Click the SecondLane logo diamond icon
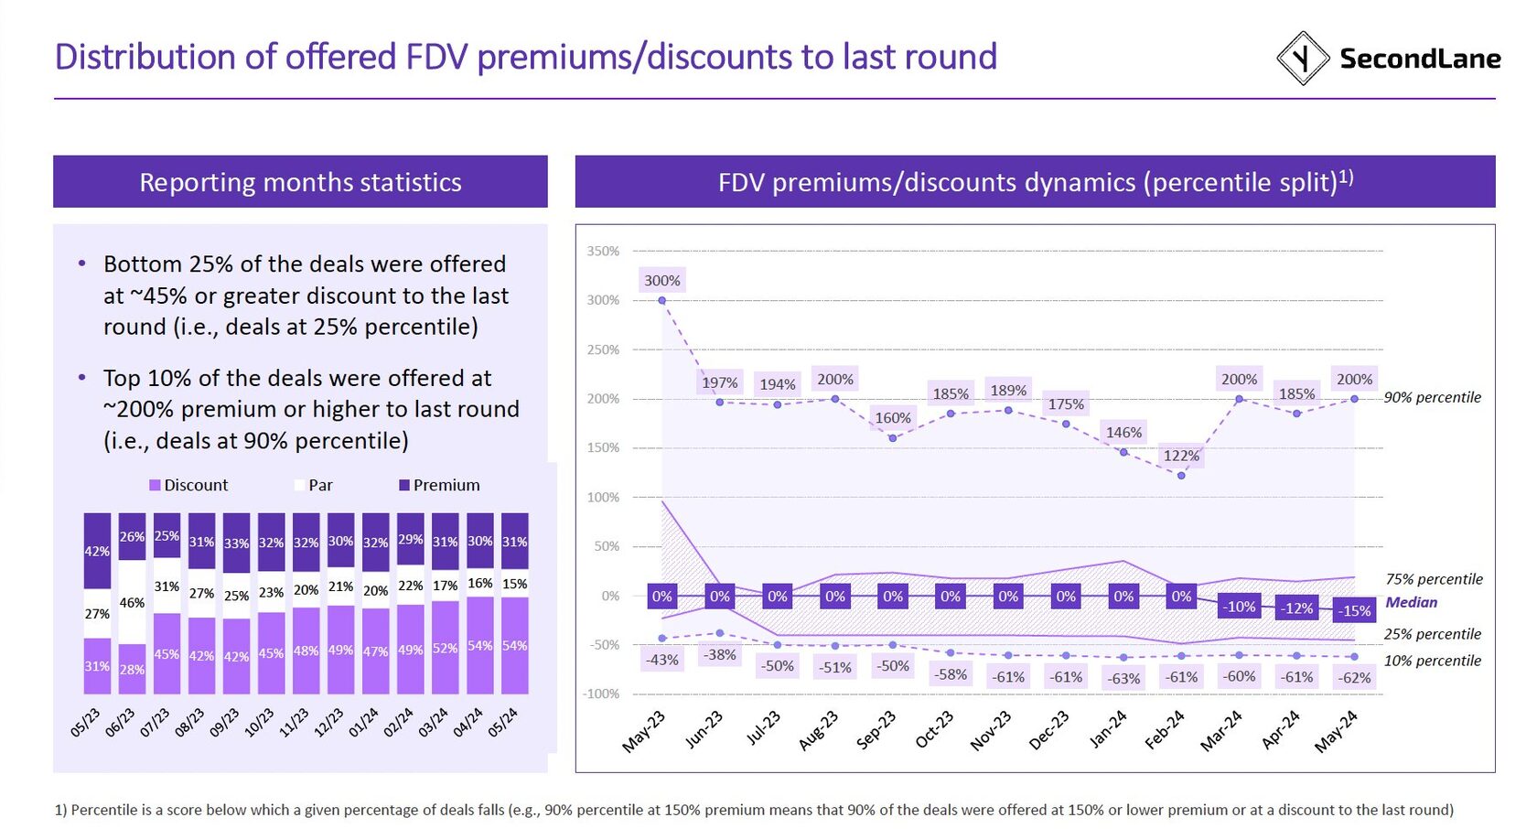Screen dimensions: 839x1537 pos(1302,59)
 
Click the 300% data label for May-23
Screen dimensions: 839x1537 pos(661,281)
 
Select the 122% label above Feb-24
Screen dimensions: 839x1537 pos(1181,456)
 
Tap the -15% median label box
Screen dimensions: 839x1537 pos(1354,610)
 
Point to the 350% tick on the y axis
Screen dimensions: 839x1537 pos(604,251)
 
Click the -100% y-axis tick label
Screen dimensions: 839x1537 pos(601,694)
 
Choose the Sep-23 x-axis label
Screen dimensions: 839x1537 pos(876,731)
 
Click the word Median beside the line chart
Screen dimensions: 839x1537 pos(1411,602)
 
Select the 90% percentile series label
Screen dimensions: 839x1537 pos(1432,397)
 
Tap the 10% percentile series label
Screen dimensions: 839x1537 pos(1432,661)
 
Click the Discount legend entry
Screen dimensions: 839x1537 pos(188,485)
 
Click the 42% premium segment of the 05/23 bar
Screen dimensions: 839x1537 pos(97,551)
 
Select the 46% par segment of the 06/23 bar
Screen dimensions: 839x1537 pos(132,603)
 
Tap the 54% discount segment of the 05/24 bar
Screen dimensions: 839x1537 pos(514,645)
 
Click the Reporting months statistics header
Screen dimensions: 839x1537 pos(300,182)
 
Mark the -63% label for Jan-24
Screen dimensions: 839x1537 pos(1123,679)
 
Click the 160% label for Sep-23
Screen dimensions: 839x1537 pos(893,418)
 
